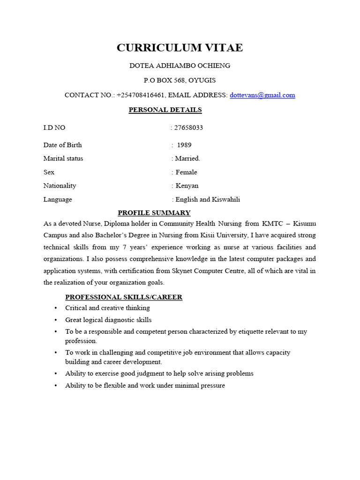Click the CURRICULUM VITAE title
pos(180,48)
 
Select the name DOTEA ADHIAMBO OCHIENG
pos(180,66)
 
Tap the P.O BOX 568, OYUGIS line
pos(180,80)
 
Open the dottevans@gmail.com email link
pos(262,95)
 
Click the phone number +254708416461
pos(141,95)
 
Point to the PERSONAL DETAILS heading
pos(165,110)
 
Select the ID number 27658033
pos(189,127)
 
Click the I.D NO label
pos(54,127)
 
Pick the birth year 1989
pos(184,145)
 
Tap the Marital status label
pos(63,158)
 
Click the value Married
pos(187,158)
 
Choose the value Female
pos(186,172)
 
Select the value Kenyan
pos(187,186)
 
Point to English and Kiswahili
pos(207,199)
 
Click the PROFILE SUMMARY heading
pos(154,213)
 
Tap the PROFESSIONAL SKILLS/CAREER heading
pos(124,297)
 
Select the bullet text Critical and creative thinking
pos(107,308)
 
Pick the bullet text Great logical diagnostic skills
pos(108,320)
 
